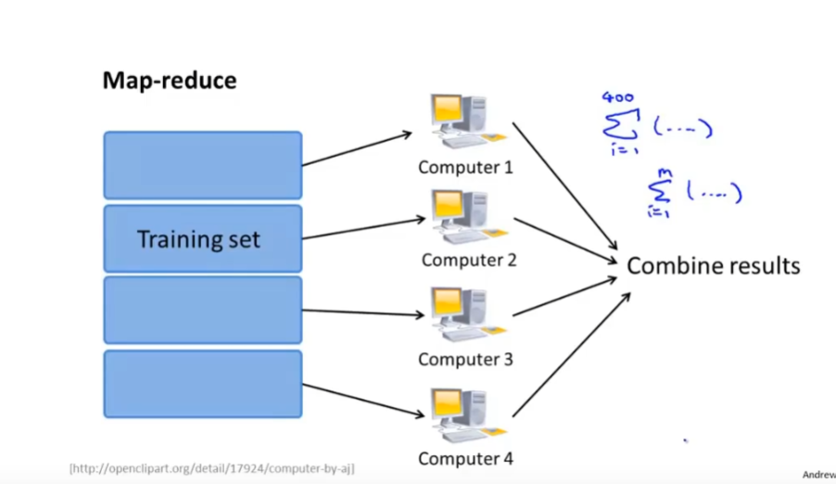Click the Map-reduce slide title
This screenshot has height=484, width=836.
(169, 81)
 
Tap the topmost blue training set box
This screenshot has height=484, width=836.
(202, 165)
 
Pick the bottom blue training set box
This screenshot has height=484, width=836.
(202, 383)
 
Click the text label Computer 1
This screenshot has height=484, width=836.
(465, 168)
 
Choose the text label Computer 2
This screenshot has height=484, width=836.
(469, 260)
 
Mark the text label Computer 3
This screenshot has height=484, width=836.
(465, 359)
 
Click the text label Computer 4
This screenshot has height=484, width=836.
(465, 458)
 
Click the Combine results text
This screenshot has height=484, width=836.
(713, 266)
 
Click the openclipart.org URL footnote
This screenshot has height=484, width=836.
(211, 468)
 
